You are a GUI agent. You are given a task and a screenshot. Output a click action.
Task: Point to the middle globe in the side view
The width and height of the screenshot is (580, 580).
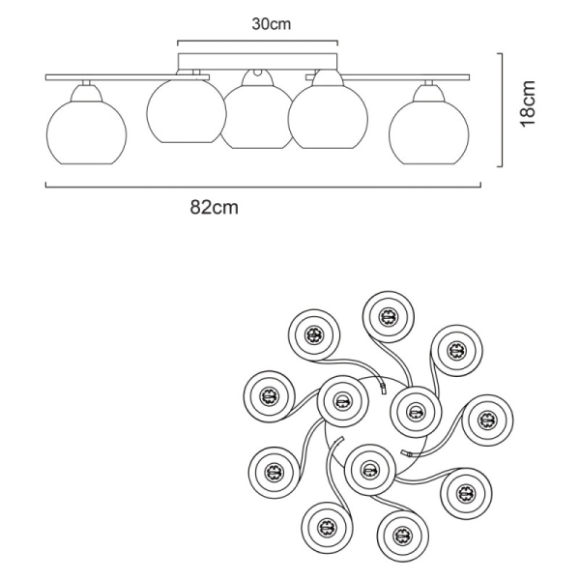tap(257, 116)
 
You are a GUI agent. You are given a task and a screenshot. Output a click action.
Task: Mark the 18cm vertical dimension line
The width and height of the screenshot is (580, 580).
tap(500, 108)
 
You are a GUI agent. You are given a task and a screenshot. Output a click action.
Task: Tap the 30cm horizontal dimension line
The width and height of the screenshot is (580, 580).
tap(257, 41)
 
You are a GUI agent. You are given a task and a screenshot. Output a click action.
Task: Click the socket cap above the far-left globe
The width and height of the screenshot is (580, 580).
tap(85, 90)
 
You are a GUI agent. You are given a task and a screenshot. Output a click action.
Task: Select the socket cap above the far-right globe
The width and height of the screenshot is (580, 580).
tap(426, 91)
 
